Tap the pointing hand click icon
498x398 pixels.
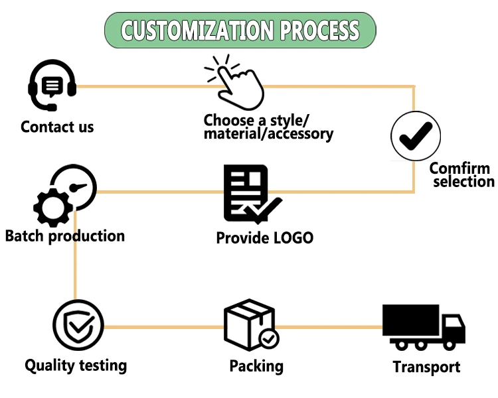tap(235, 82)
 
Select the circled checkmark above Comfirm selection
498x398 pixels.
tap(416, 136)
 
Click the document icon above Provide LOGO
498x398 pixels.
tap(252, 194)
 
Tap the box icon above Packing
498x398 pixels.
tap(251, 324)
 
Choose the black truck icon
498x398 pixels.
tap(424, 328)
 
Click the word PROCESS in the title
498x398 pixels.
tap(319, 31)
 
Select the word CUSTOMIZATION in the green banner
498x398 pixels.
tap(197, 31)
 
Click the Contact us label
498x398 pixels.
tap(57, 127)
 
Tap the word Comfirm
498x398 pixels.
tap(459, 168)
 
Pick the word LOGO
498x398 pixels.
tap(293, 238)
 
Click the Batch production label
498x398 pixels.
tap(65, 236)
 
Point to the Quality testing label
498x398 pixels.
tap(76, 365)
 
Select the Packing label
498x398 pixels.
tap(256, 366)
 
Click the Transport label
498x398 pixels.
tap(426, 367)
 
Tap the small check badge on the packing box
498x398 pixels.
tap(269, 339)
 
